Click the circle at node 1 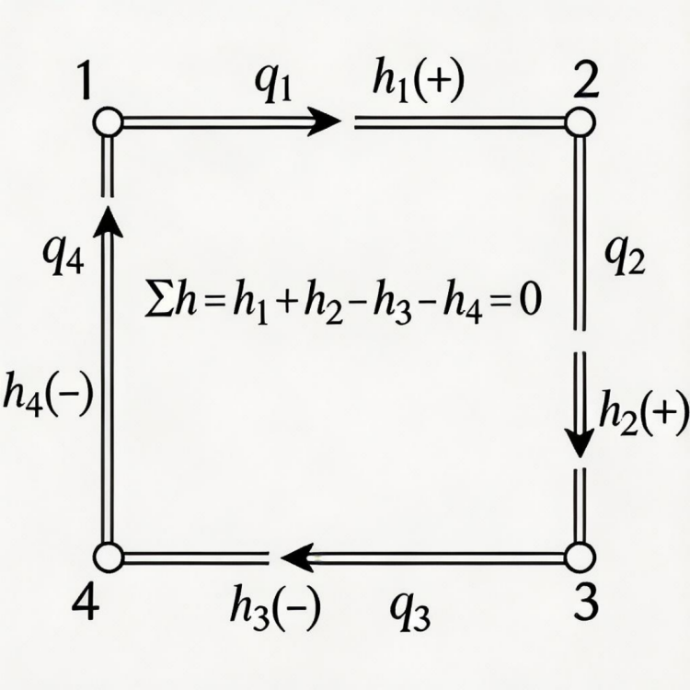tap(108, 121)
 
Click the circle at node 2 tap(580, 121)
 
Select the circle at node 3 tap(580, 558)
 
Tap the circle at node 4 tap(109, 558)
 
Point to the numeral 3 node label tap(586, 603)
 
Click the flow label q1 tap(273, 85)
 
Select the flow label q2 tap(625, 258)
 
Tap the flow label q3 tap(409, 612)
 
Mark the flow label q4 tap(63, 258)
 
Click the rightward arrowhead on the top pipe tap(325, 121)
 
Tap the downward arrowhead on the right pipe tap(580, 442)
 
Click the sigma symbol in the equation tap(159, 303)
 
